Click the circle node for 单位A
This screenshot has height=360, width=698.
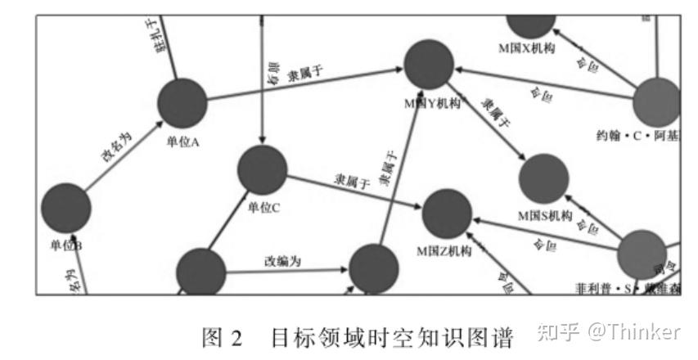(182, 103)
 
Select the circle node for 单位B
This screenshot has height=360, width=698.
(65, 208)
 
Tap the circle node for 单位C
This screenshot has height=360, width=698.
(263, 170)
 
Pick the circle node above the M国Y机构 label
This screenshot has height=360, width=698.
(429, 64)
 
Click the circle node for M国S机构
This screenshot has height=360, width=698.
(544, 178)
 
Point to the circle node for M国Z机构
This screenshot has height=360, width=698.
(447, 214)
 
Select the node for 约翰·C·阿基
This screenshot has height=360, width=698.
(657, 101)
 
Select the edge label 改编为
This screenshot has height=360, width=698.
(282, 261)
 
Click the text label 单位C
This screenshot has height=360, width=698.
(263, 208)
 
